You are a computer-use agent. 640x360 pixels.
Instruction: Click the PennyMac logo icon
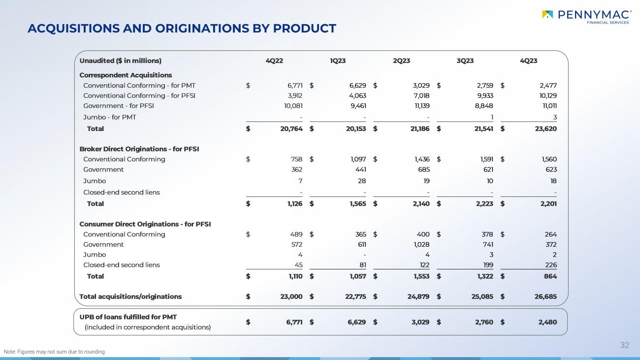547,14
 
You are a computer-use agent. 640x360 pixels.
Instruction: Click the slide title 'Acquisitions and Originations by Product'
182,29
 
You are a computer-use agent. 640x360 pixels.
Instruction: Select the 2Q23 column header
401,61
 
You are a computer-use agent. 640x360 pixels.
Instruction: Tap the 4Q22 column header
274,61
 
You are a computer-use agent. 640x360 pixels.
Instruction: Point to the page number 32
625,345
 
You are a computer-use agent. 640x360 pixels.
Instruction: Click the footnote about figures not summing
54,352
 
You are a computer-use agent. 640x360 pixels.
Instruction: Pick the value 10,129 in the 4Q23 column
545,96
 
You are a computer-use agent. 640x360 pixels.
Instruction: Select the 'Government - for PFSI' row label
119,105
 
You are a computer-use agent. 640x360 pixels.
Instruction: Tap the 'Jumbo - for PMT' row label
110,117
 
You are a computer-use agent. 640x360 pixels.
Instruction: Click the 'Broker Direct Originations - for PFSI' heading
139,149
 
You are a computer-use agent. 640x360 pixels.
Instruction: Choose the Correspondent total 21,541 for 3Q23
480,129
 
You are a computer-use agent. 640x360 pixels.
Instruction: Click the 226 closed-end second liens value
550,265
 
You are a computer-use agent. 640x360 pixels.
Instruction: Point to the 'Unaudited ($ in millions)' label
121,61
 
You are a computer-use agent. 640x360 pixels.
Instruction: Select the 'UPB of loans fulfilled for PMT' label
128,316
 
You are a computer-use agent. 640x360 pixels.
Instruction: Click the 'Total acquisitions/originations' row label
130,296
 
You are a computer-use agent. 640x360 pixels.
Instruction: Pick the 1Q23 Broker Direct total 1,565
355,203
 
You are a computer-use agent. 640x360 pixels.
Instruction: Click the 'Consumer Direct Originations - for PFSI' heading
145,224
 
